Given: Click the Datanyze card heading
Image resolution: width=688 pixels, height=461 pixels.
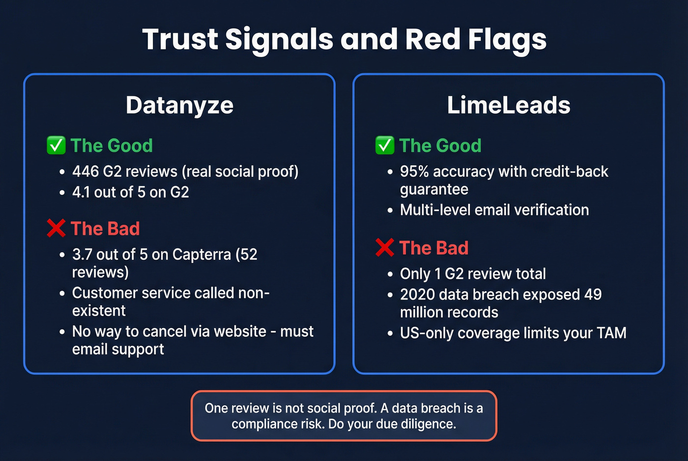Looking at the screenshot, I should pos(179,105).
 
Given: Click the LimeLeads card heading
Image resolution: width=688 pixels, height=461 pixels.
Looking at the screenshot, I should pos(509,105).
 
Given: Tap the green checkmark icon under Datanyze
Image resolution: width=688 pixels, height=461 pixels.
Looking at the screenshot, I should pos(56,145).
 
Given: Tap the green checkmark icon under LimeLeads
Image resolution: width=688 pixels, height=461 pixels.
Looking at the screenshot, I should pos(385,145).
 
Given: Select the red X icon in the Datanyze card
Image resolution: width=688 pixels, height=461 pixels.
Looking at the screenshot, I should pos(56,228).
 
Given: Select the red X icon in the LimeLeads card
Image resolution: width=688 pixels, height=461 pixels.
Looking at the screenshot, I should pos(385,247).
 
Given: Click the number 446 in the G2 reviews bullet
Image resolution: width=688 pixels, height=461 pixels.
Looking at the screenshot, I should pos(86,171).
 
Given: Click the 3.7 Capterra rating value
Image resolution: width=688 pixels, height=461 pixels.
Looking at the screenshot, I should pos(82,254).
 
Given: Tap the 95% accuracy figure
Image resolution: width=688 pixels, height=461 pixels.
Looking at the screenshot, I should pos(414,171).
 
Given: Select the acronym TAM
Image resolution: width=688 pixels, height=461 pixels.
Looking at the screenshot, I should pos(611,333).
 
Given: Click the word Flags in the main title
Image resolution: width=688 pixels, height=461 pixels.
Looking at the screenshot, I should pos(507,39).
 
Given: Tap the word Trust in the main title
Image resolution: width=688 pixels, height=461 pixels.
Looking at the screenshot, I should pos(180,39).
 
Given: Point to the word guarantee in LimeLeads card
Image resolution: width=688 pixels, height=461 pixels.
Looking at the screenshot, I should pos(434,190).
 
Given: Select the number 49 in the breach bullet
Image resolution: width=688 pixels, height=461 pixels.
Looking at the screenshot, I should pos(593,295).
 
